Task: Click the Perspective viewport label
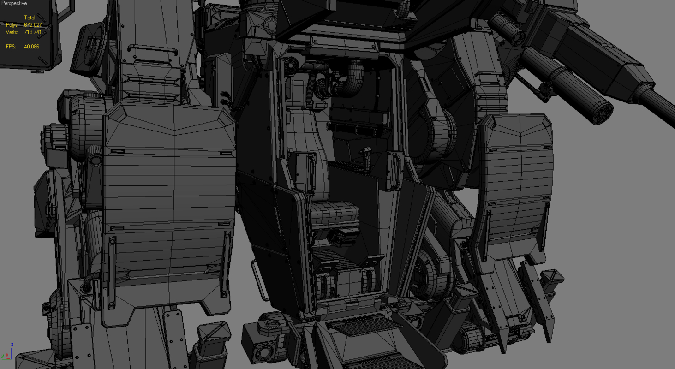[x=14, y=3]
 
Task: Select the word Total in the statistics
[x=30, y=18]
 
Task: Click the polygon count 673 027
[x=32, y=25]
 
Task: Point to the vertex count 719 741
[x=32, y=32]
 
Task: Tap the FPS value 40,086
[x=31, y=47]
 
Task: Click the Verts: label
[x=12, y=32]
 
